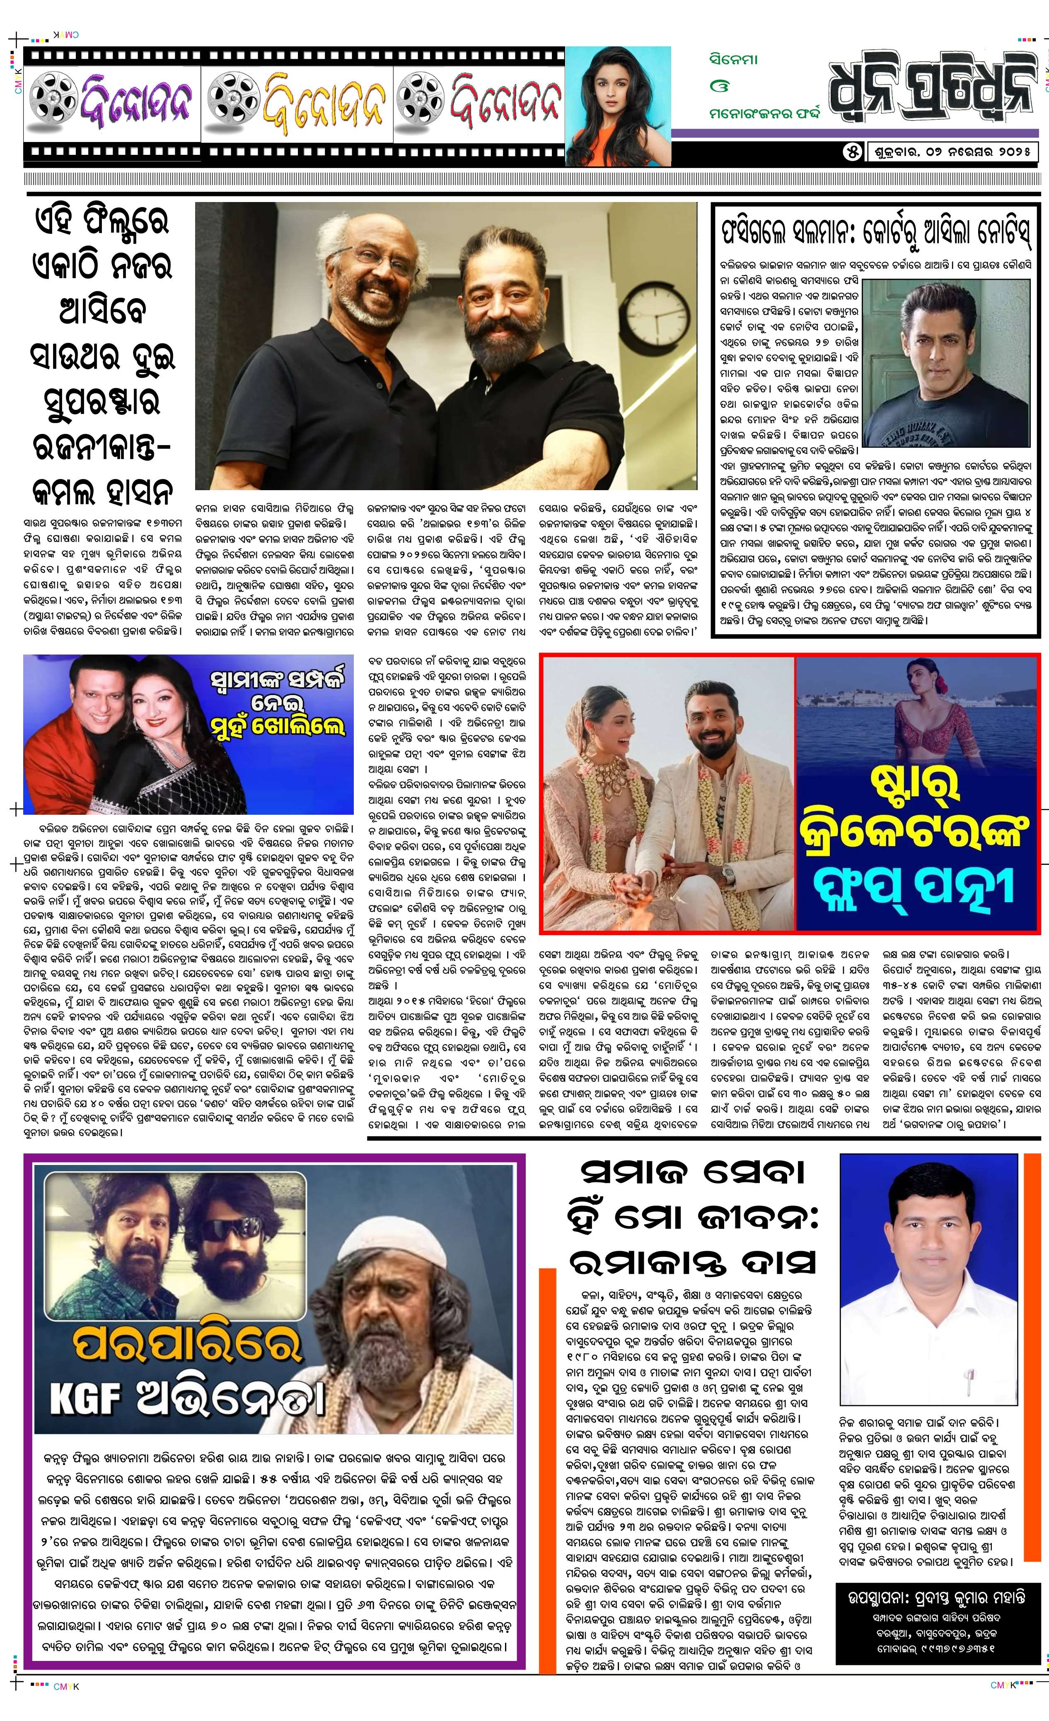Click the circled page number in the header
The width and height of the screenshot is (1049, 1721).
click(852, 152)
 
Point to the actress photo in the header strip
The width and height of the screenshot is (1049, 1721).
click(617, 105)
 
